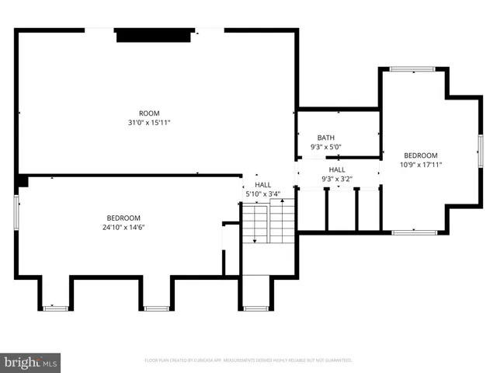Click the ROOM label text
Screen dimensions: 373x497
point(149,113)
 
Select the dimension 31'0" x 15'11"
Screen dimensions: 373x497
point(149,123)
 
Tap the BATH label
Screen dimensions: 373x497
point(326,138)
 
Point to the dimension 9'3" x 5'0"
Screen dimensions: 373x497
point(326,147)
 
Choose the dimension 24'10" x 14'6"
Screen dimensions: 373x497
point(123,227)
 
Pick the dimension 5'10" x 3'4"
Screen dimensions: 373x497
point(262,194)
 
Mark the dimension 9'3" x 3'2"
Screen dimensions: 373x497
point(337,179)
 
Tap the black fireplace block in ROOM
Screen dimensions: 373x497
point(153,36)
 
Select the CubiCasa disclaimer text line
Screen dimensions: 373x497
point(248,361)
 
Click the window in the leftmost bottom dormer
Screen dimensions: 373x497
point(55,309)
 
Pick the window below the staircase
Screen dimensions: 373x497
point(255,309)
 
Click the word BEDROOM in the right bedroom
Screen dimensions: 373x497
point(421,155)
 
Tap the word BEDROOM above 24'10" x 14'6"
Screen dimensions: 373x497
point(123,218)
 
